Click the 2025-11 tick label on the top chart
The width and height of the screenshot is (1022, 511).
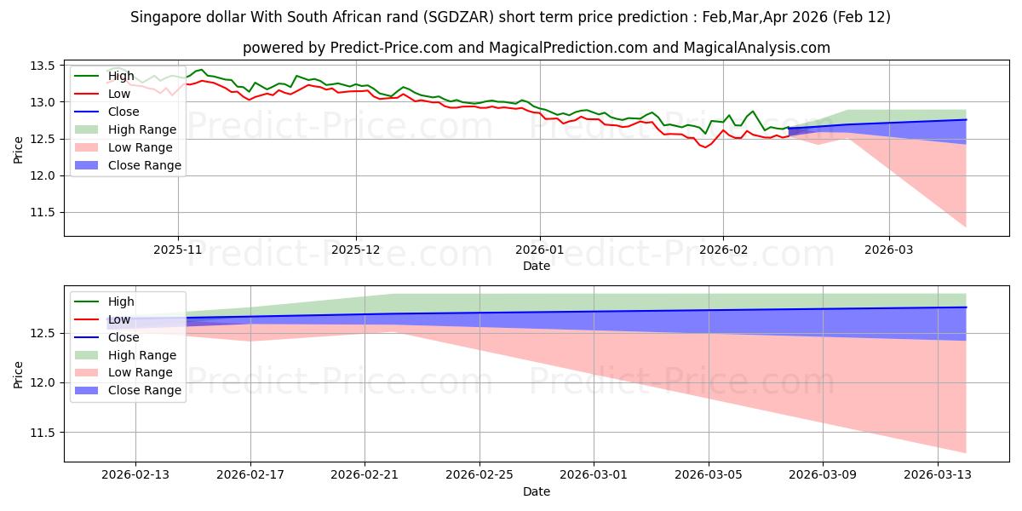point(178,250)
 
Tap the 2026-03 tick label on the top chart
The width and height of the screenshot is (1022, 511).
point(889,250)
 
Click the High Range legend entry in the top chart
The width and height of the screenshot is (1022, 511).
point(142,129)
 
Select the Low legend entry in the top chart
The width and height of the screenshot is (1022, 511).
point(120,94)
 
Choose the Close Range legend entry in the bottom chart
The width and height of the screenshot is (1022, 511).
point(145,390)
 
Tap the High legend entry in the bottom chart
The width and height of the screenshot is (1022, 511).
point(121,301)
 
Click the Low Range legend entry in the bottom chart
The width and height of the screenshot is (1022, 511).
point(141,372)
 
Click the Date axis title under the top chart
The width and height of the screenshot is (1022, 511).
point(537,266)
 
